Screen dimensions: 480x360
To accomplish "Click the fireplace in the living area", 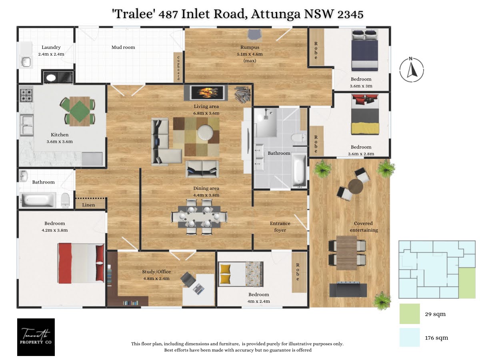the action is coord(206,93).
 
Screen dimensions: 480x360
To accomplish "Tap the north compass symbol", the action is coord(411,70).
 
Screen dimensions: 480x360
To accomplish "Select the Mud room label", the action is coord(123,47).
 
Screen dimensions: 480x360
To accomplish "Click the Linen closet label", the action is coord(88,205).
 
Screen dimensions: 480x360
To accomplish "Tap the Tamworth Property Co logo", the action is coord(36,337).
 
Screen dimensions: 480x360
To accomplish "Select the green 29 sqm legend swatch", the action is coord(409,314).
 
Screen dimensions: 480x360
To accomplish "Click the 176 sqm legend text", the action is coord(436,338).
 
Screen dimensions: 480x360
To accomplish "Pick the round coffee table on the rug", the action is coord(205,132).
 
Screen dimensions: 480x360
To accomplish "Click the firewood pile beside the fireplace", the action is coord(242,95).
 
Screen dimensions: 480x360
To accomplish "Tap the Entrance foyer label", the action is coord(280,227).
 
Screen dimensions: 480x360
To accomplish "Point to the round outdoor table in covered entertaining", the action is coord(355,186).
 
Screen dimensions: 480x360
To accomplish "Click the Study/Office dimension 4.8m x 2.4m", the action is coord(156,278).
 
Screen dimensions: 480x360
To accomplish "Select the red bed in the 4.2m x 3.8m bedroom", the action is coord(81,263).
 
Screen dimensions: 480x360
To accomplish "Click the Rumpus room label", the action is coord(250,47).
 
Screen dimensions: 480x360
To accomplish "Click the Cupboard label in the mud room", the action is coord(178,68).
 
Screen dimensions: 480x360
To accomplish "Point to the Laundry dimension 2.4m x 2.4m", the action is coord(51,54).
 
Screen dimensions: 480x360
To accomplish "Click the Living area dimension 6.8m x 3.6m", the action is coord(206,113).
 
